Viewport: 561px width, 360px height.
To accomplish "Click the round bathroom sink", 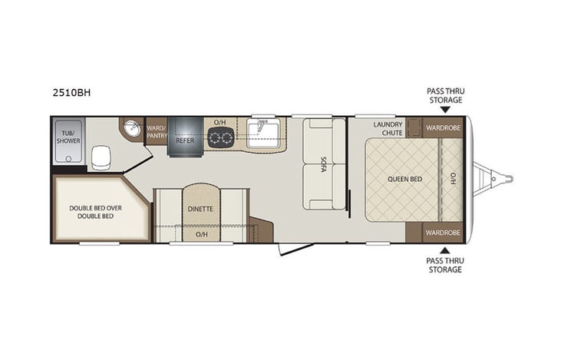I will tap(133, 129).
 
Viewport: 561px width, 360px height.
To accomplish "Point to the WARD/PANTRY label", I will tap(157, 132).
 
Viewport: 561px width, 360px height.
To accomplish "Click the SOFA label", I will tap(323, 164).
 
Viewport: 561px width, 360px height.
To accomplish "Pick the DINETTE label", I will tap(200, 208).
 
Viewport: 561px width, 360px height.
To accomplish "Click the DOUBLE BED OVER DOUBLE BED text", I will tap(91, 212).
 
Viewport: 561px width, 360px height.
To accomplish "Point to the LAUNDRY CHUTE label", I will tap(388, 127).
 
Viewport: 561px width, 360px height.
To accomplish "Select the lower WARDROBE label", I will tap(443, 232).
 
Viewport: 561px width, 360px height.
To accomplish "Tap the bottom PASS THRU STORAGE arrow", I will tap(445, 249).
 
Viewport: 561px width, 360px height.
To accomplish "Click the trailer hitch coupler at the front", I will tap(507, 180).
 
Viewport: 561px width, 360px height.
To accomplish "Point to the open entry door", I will tap(295, 248).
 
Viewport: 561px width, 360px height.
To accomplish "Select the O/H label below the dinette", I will tap(200, 234).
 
